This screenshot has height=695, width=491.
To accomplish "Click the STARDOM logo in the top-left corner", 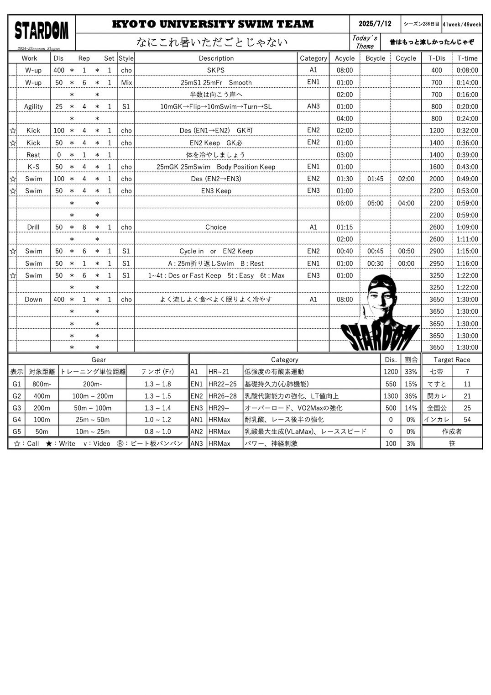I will coord(42,31).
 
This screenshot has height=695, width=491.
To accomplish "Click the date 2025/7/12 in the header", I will coord(375,24).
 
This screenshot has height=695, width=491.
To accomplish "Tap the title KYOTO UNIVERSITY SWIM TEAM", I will coord(213,24).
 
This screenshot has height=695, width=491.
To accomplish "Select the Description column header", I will coord(216,58).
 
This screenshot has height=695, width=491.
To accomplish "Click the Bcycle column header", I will coord(375,58).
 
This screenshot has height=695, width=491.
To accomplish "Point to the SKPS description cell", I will coord(216,70).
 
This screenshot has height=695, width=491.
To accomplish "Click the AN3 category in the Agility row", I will coord(313,106).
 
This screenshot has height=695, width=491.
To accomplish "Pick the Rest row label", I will coord(33,155).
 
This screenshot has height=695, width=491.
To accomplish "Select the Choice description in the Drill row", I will coord(216,227).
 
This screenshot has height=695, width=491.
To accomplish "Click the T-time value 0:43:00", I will coord(467,167).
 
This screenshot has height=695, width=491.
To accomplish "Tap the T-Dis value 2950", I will coord(436,263).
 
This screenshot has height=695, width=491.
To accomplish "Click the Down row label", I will coord(33,300).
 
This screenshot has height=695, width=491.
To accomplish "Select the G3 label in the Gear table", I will coord(17,408).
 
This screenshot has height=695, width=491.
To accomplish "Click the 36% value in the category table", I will coord(411,396).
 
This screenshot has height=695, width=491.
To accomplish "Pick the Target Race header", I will coord(452,360).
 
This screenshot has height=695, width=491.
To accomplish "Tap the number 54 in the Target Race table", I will coord(467,420).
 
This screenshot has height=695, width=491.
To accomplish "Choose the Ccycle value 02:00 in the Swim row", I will coord(406,179).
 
